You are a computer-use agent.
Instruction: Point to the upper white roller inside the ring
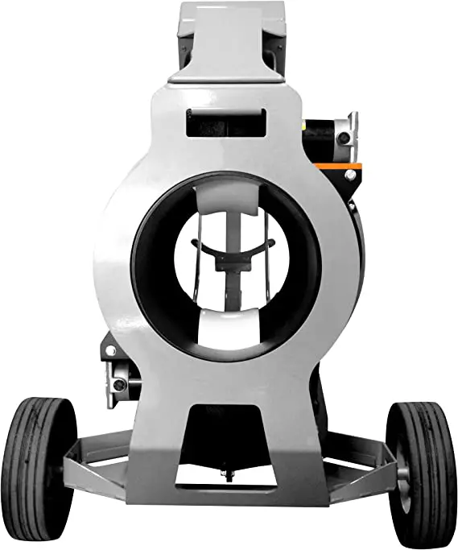[227, 195]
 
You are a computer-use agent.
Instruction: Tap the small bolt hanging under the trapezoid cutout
[229, 476]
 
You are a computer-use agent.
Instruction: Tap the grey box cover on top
[229, 40]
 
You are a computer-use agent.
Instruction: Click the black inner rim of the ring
[153, 266]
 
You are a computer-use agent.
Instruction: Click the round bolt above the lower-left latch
[110, 351]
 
